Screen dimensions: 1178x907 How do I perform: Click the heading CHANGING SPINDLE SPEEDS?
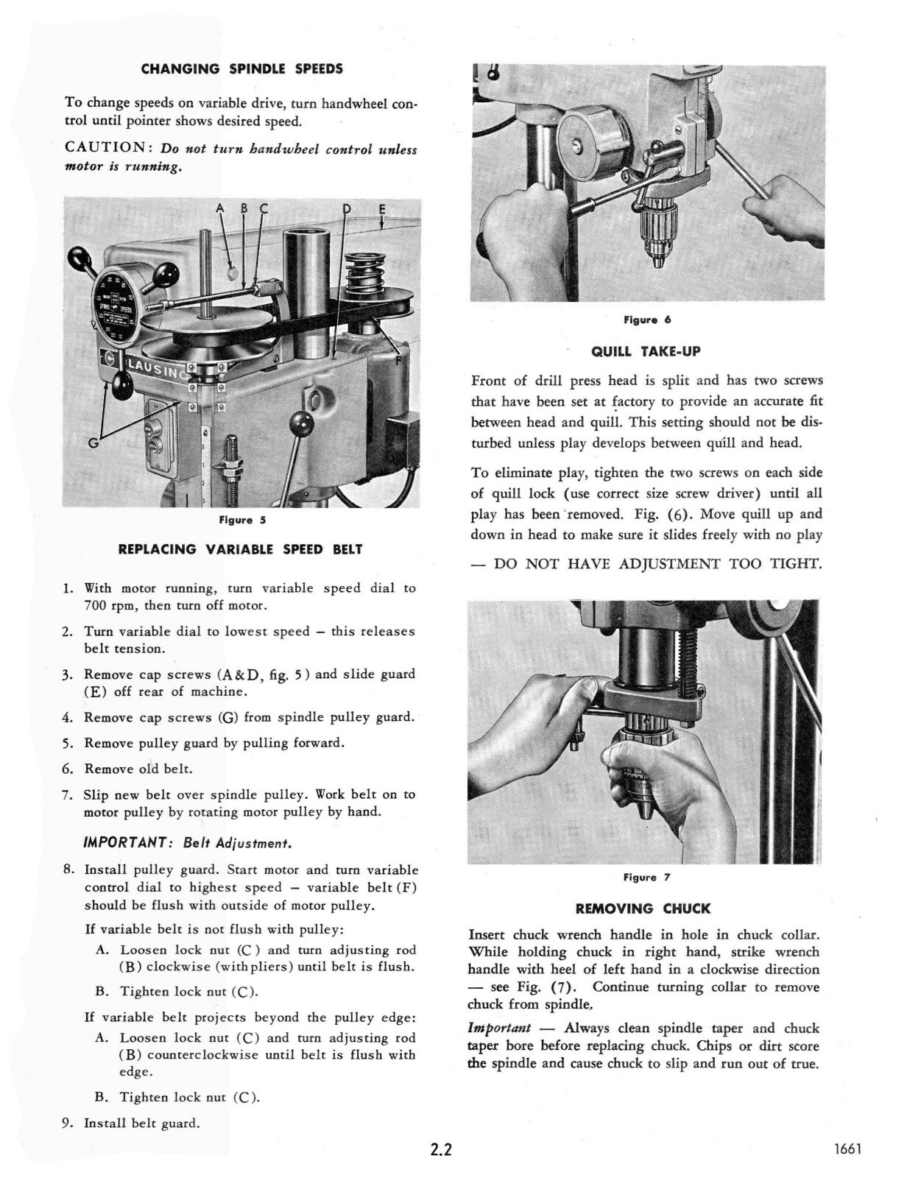[x=241, y=69]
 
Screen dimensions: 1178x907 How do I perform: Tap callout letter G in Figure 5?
[x=93, y=442]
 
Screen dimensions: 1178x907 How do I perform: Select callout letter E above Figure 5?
[x=381, y=209]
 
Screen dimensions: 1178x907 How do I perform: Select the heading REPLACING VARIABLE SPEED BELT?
[x=241, y=549]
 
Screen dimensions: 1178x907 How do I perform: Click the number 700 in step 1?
[x=94, y=606]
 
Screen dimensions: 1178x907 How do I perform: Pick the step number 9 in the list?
[x=67, y=1123]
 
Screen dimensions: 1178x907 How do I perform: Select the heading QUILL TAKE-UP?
[x=646, y=352]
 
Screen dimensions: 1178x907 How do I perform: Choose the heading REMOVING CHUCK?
[x=643, y=909]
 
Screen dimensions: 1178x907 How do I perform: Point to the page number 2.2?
[x=441, y=1150]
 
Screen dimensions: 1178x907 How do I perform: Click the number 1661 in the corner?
[x=847, y=1150]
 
